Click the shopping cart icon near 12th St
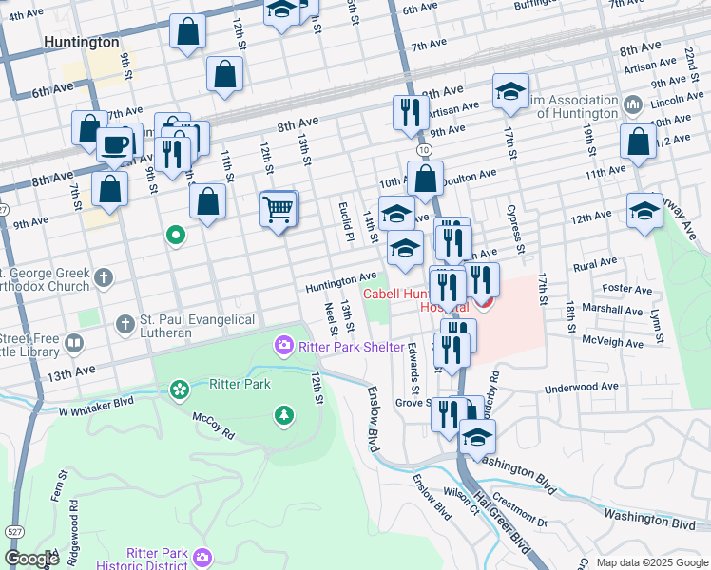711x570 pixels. (x=278, y=208)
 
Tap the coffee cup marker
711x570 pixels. (x=116, y=145)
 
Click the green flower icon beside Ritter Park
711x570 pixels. (x=179, y=388)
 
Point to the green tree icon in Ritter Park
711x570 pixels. (x=283, y=414)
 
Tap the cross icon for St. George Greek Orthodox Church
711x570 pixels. (x=105, y=278)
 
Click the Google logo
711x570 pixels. (x=30, y=559)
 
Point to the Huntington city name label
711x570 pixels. (x=82, y=43)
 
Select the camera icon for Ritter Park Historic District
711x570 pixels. (x=202, y=556)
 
